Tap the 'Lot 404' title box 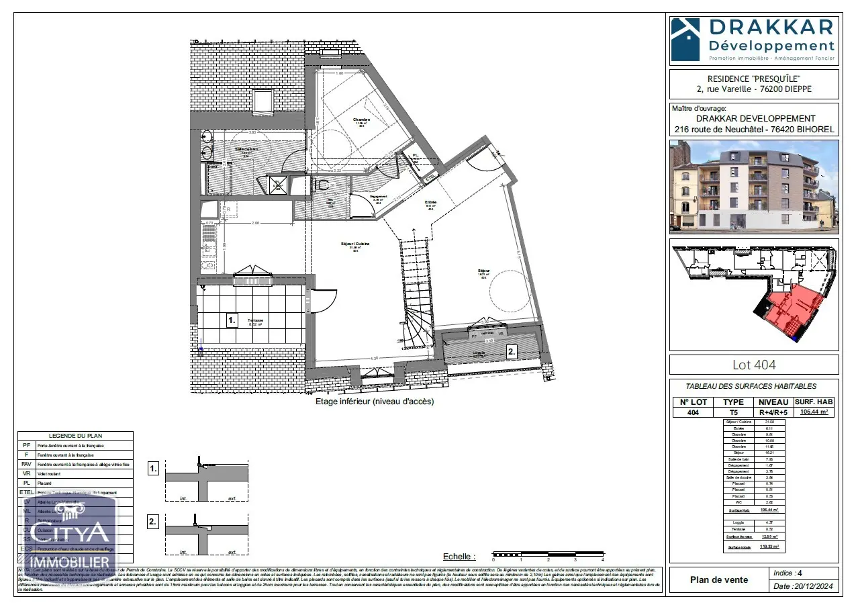(754, 365)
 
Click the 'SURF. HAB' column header (814, 402)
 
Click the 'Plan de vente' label (719, 579)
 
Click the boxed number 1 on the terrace (232, 320)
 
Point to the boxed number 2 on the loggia (511, 351)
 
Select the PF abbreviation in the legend (26, 445)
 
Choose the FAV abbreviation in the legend (26, 463)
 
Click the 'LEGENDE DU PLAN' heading (75, 436)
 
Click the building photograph (754, 186)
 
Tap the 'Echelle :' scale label (459, 557)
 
